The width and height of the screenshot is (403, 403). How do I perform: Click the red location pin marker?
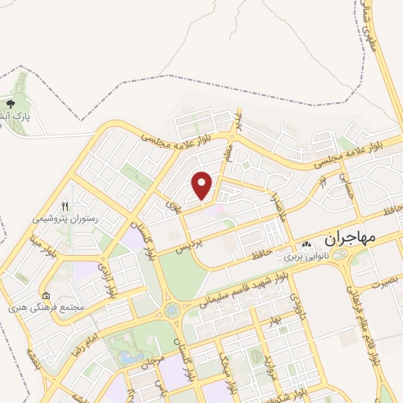(x=203, y=185)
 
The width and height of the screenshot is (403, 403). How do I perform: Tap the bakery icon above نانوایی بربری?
(x=306, y=245)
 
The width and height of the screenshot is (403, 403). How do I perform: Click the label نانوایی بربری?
(x=305, y=257)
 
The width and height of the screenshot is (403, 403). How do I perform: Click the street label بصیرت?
(x=386, y=278)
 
